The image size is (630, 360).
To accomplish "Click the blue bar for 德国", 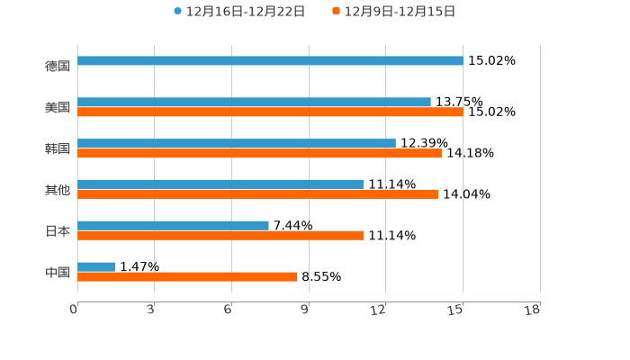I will (270, 61).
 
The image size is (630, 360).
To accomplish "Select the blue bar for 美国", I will (254, 103).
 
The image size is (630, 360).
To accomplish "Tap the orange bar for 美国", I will (270, 112).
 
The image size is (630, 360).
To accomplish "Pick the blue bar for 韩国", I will (237, 144).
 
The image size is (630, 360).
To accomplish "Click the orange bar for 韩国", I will (259, 154).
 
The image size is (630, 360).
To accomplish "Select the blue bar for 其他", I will (220, 184).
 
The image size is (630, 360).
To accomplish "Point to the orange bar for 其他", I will (257, 194).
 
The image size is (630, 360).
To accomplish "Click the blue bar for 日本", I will (173, 225).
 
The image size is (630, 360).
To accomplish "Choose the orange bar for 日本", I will (220, 236).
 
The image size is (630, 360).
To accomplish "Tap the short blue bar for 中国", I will (96, 266).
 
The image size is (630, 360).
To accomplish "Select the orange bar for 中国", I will (187, 277).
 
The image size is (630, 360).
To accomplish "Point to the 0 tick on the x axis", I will (74, 310).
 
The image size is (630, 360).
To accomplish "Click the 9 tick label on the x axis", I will (305, 310).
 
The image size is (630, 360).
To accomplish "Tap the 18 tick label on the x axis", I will (533, 310).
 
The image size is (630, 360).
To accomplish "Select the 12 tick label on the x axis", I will (379, 310).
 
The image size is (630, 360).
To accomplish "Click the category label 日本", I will (58, 231).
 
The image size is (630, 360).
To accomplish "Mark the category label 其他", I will (58, 190).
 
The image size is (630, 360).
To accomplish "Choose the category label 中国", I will (58, 272).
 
